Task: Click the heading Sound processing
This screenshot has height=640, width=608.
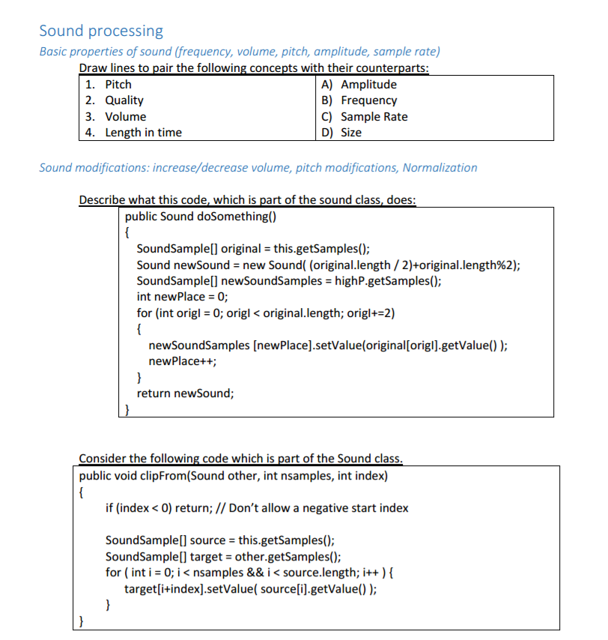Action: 101,31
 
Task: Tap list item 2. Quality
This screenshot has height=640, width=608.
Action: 114,100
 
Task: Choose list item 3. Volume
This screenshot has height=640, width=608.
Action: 115,117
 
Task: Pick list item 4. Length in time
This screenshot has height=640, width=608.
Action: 133,133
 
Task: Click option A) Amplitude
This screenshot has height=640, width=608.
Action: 359,85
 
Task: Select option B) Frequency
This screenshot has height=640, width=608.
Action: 359,100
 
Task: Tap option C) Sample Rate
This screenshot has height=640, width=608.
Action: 364,117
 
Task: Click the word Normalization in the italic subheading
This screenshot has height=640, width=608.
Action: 440,168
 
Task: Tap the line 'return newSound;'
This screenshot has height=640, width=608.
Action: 185,393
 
